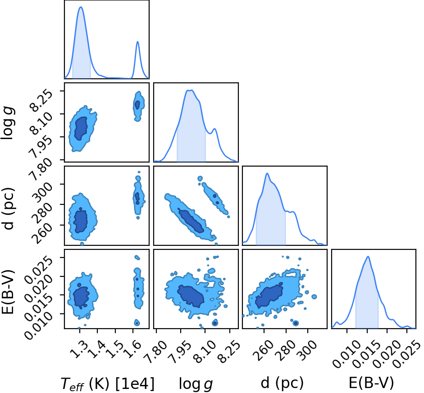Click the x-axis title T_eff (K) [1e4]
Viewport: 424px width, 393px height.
point(108,383)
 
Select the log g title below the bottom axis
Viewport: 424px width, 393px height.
point(196,384)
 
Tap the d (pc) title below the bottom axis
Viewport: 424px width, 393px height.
point(283,383)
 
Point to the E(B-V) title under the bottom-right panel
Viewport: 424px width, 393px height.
point(371,383)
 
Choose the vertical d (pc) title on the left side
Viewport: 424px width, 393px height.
point(9,208)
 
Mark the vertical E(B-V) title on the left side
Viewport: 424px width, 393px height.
point(8,292)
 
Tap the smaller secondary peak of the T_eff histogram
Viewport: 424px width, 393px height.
point(137,41)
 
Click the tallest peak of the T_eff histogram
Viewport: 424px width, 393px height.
point(81,7)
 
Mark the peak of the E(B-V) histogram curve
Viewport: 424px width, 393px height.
point(368,257)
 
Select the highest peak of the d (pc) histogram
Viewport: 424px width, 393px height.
point(267,173)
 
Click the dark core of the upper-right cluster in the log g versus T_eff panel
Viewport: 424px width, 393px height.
point(137,104)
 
